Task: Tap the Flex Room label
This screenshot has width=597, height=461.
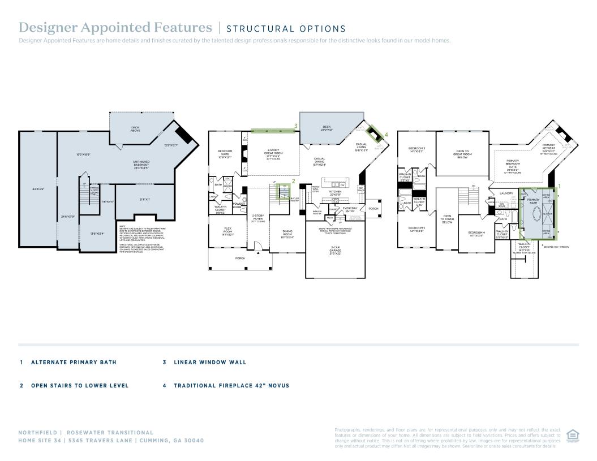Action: click(x=227, y=231)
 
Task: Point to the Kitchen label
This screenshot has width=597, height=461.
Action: click(x=335, y=192)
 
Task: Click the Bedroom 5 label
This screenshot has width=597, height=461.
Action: click(x=416, y=229)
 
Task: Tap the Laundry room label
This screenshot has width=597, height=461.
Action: click(x=506, y=193)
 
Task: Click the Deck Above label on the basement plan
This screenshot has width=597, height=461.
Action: click(x=135, y=128)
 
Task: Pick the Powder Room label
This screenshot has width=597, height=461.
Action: click(x=238, y=205)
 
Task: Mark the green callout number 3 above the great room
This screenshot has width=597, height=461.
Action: click(x=295, y=126)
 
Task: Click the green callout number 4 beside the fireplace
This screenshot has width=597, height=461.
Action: click(x=386, y=135)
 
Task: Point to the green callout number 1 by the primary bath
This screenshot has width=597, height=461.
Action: click(x=560, y=186)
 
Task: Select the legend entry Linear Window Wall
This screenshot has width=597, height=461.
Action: click(x=210, y=362)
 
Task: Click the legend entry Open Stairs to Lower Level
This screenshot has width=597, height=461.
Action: click(x=80, y=386)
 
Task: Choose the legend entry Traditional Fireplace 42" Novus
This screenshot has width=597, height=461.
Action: click(x=231, y=386)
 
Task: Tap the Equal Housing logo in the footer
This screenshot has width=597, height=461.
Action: click(x=572, y=434)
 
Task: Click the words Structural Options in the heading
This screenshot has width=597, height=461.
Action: click(x=286, y=29)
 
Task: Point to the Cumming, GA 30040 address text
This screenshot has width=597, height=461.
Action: click(x=173, y=440)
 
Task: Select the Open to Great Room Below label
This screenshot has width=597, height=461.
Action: click(x=462, y=154)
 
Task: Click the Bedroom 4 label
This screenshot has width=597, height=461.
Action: click(x=476, y=234)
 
